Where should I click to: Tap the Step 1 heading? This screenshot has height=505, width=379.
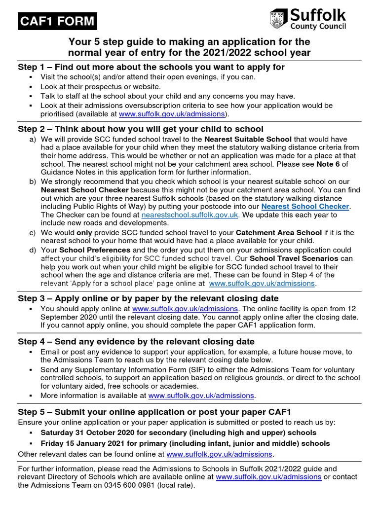click(x=151, y=67)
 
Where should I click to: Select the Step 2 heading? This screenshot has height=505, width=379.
click(x=141, y=129)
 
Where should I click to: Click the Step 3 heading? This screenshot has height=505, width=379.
click(x=148, y=298)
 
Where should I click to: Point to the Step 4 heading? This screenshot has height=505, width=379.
click(x=136, y=342)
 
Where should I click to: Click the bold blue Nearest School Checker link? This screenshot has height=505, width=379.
click(x=305, y=206)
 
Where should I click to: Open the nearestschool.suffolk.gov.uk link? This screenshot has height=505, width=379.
click(x=190, y=215)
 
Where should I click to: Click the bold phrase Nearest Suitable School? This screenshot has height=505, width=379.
click(x=248, y=139)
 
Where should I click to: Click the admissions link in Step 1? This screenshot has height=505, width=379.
click(x=172, y=114)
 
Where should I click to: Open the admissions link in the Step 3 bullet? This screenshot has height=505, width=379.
click(x=185, y=308)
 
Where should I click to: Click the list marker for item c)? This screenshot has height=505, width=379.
click(x=33, y=232)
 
